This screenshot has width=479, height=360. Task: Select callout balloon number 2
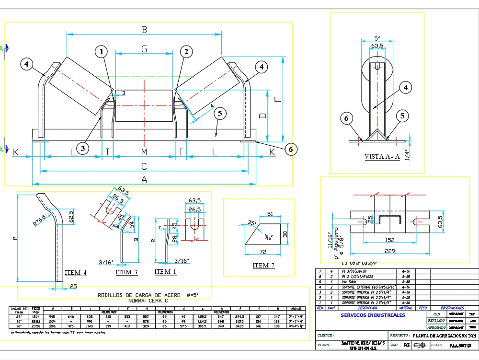coord(186,51)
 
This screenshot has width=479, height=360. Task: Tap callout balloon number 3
coord(83,149)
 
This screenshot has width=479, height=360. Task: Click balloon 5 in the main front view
coord(220,114)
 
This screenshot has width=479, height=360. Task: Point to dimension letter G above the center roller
coord(144,48)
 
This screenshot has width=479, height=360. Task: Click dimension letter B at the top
coord(144,30)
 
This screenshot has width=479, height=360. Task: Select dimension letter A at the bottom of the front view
coord(144,179)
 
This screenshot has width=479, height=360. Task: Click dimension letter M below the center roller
coord(144,152)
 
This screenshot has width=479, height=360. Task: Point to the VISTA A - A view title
coord(382,157)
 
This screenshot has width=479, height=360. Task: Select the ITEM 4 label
coord(76,273)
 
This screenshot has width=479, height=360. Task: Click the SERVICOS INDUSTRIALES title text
coord(373,315)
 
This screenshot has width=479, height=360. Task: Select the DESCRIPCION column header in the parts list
coord(367,308)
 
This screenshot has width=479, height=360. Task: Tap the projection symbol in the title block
coord(420,345)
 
